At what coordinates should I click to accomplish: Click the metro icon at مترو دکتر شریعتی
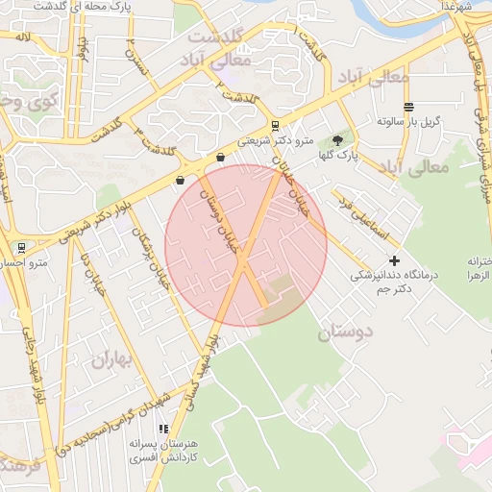coord(276,125)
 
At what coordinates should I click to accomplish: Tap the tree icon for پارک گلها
coord(336,138)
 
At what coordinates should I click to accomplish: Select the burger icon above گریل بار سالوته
coord(409,107)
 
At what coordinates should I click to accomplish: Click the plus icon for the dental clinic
coord(394,260)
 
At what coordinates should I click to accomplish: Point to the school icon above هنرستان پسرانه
coord(164,429)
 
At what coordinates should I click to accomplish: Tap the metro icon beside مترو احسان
coord(19,248)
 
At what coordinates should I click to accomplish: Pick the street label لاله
coord(23,37)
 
